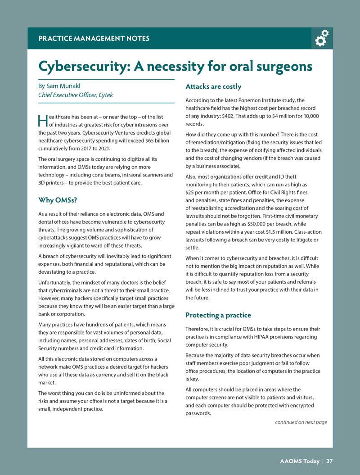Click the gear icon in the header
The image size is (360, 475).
322,39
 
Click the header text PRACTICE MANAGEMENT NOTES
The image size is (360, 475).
94,39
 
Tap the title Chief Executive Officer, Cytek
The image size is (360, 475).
75,95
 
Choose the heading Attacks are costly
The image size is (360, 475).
213,86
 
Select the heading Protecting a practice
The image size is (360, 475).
218,315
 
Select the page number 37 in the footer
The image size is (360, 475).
329,461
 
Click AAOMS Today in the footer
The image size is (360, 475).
299,461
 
